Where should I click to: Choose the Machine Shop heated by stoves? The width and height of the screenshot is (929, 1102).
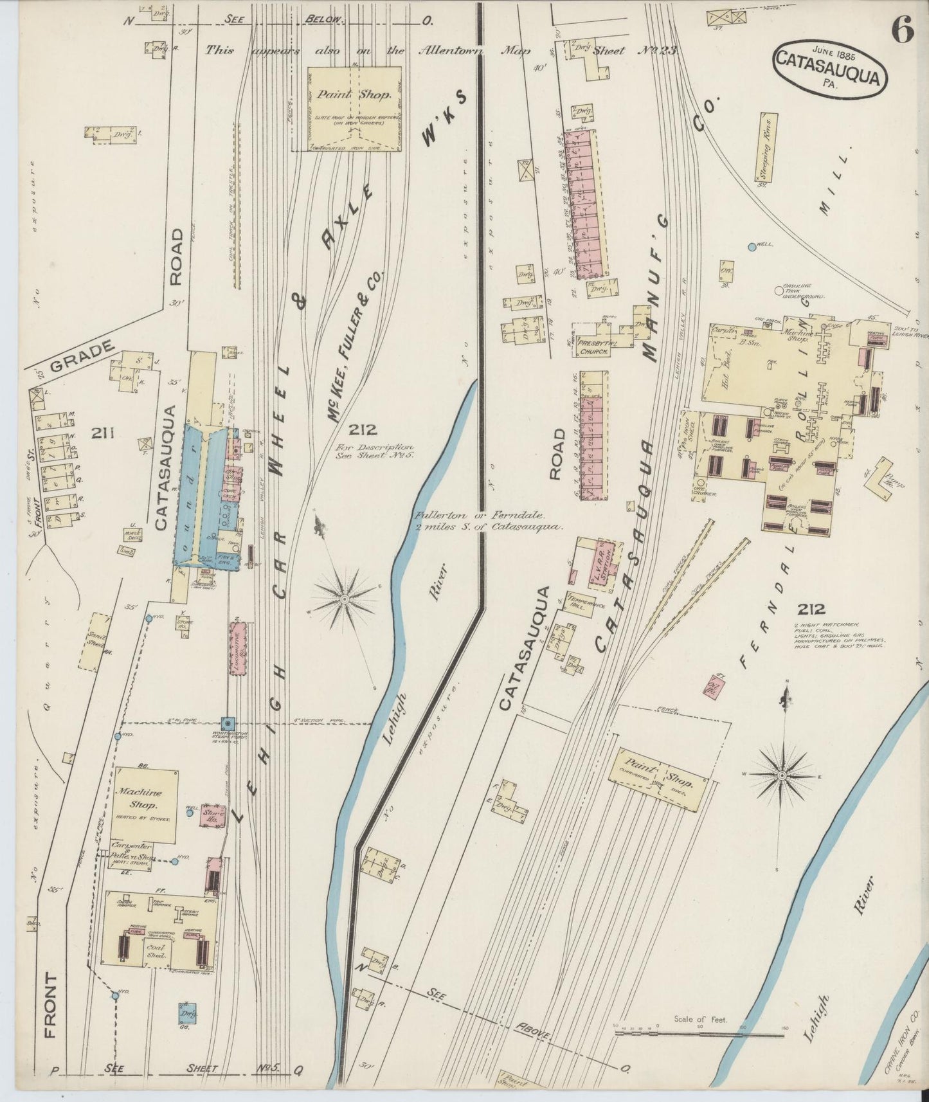pos(146,804)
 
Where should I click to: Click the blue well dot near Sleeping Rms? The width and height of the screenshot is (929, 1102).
pos(752,246)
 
